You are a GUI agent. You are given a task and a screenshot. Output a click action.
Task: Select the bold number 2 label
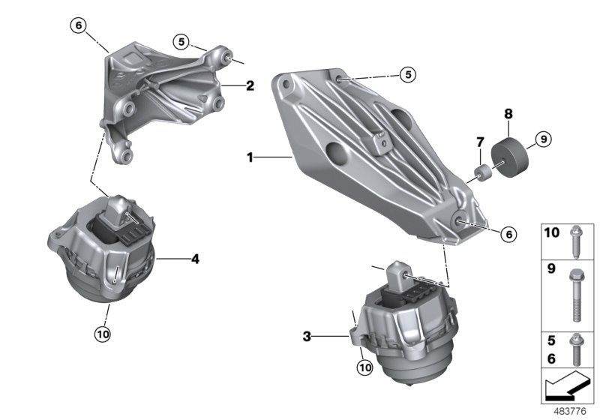[x=250, y=86]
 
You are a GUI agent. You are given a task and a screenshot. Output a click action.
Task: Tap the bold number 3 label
[x=307, y=337]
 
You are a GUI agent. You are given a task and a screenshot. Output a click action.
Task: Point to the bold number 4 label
[x=195, y=259]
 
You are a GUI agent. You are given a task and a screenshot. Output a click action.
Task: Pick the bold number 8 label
[x=508, y=114]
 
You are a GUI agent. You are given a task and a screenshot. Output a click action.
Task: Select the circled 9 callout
[x=544, y=138]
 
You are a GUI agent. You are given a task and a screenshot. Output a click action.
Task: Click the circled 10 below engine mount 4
[x=103, y=332]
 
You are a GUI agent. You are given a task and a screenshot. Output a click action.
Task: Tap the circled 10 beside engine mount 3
[x=364, y=367]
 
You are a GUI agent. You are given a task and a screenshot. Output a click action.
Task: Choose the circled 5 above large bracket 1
[x=406, y=74]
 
